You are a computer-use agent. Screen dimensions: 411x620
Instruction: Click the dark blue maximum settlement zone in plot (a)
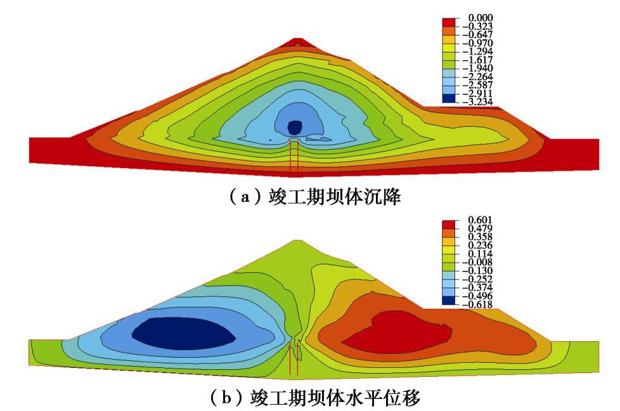tap(294, 127)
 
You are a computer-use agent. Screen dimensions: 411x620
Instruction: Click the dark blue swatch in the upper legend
tap(449, 98)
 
